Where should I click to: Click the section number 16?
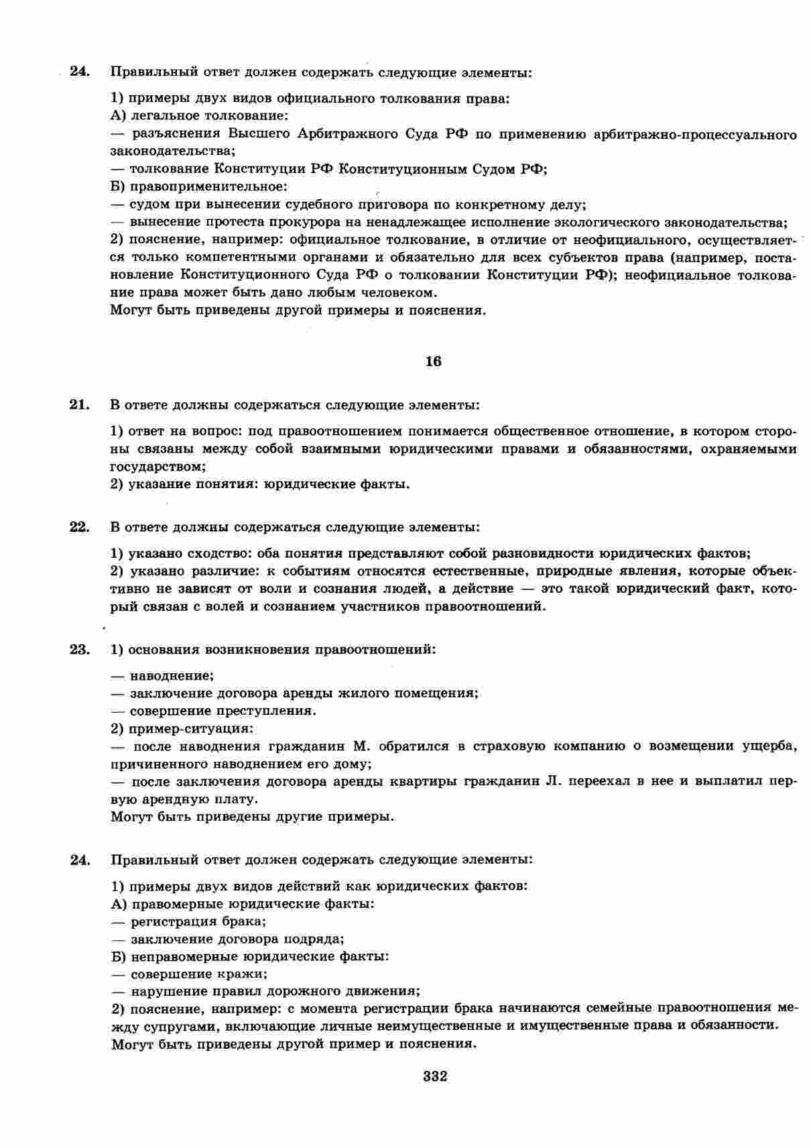[434, 361]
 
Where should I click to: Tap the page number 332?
[435, 1077]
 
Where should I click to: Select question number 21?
[79, 404]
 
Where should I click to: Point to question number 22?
[79, 527]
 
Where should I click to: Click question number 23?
[79, 649]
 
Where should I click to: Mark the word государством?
[157, 466]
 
